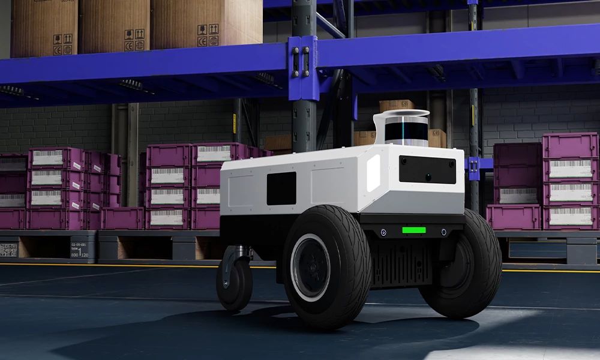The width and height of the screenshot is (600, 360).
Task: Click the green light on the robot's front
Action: coord(413,230)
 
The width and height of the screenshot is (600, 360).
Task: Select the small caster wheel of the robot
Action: coord(234,284)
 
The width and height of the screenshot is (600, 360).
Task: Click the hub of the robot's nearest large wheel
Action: coord(310,267)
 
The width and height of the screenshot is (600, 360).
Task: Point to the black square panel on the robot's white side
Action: coord(281,188)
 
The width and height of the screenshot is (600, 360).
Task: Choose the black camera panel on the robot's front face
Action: coord(427,169)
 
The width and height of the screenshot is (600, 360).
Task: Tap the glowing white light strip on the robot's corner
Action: coord(373,173)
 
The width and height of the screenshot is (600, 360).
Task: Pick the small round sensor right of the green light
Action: coord(443,231)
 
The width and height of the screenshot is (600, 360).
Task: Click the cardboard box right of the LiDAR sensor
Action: coord(437,138)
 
